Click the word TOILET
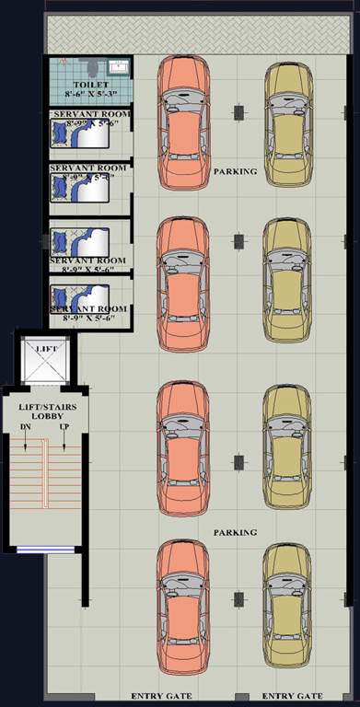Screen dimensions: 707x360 pyautogui.click(x=90, y=85)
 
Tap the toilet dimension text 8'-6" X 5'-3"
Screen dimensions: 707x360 pyautogui.click(x=90, y=94)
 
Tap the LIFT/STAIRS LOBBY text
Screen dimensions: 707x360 pyautogui.click(x=47, y=411)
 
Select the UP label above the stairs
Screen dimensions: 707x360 pyautogui.click(x=64, y=428)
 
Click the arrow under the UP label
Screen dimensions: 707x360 pyautogui.click(x=64, y=442)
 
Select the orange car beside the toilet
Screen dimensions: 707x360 pyautogui.click(x=183, y=122)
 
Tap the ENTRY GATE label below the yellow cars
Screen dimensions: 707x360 pyautogui.click(x=291, y=696)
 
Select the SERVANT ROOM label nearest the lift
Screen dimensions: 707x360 pyautogui.click(x=88, y=309)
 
